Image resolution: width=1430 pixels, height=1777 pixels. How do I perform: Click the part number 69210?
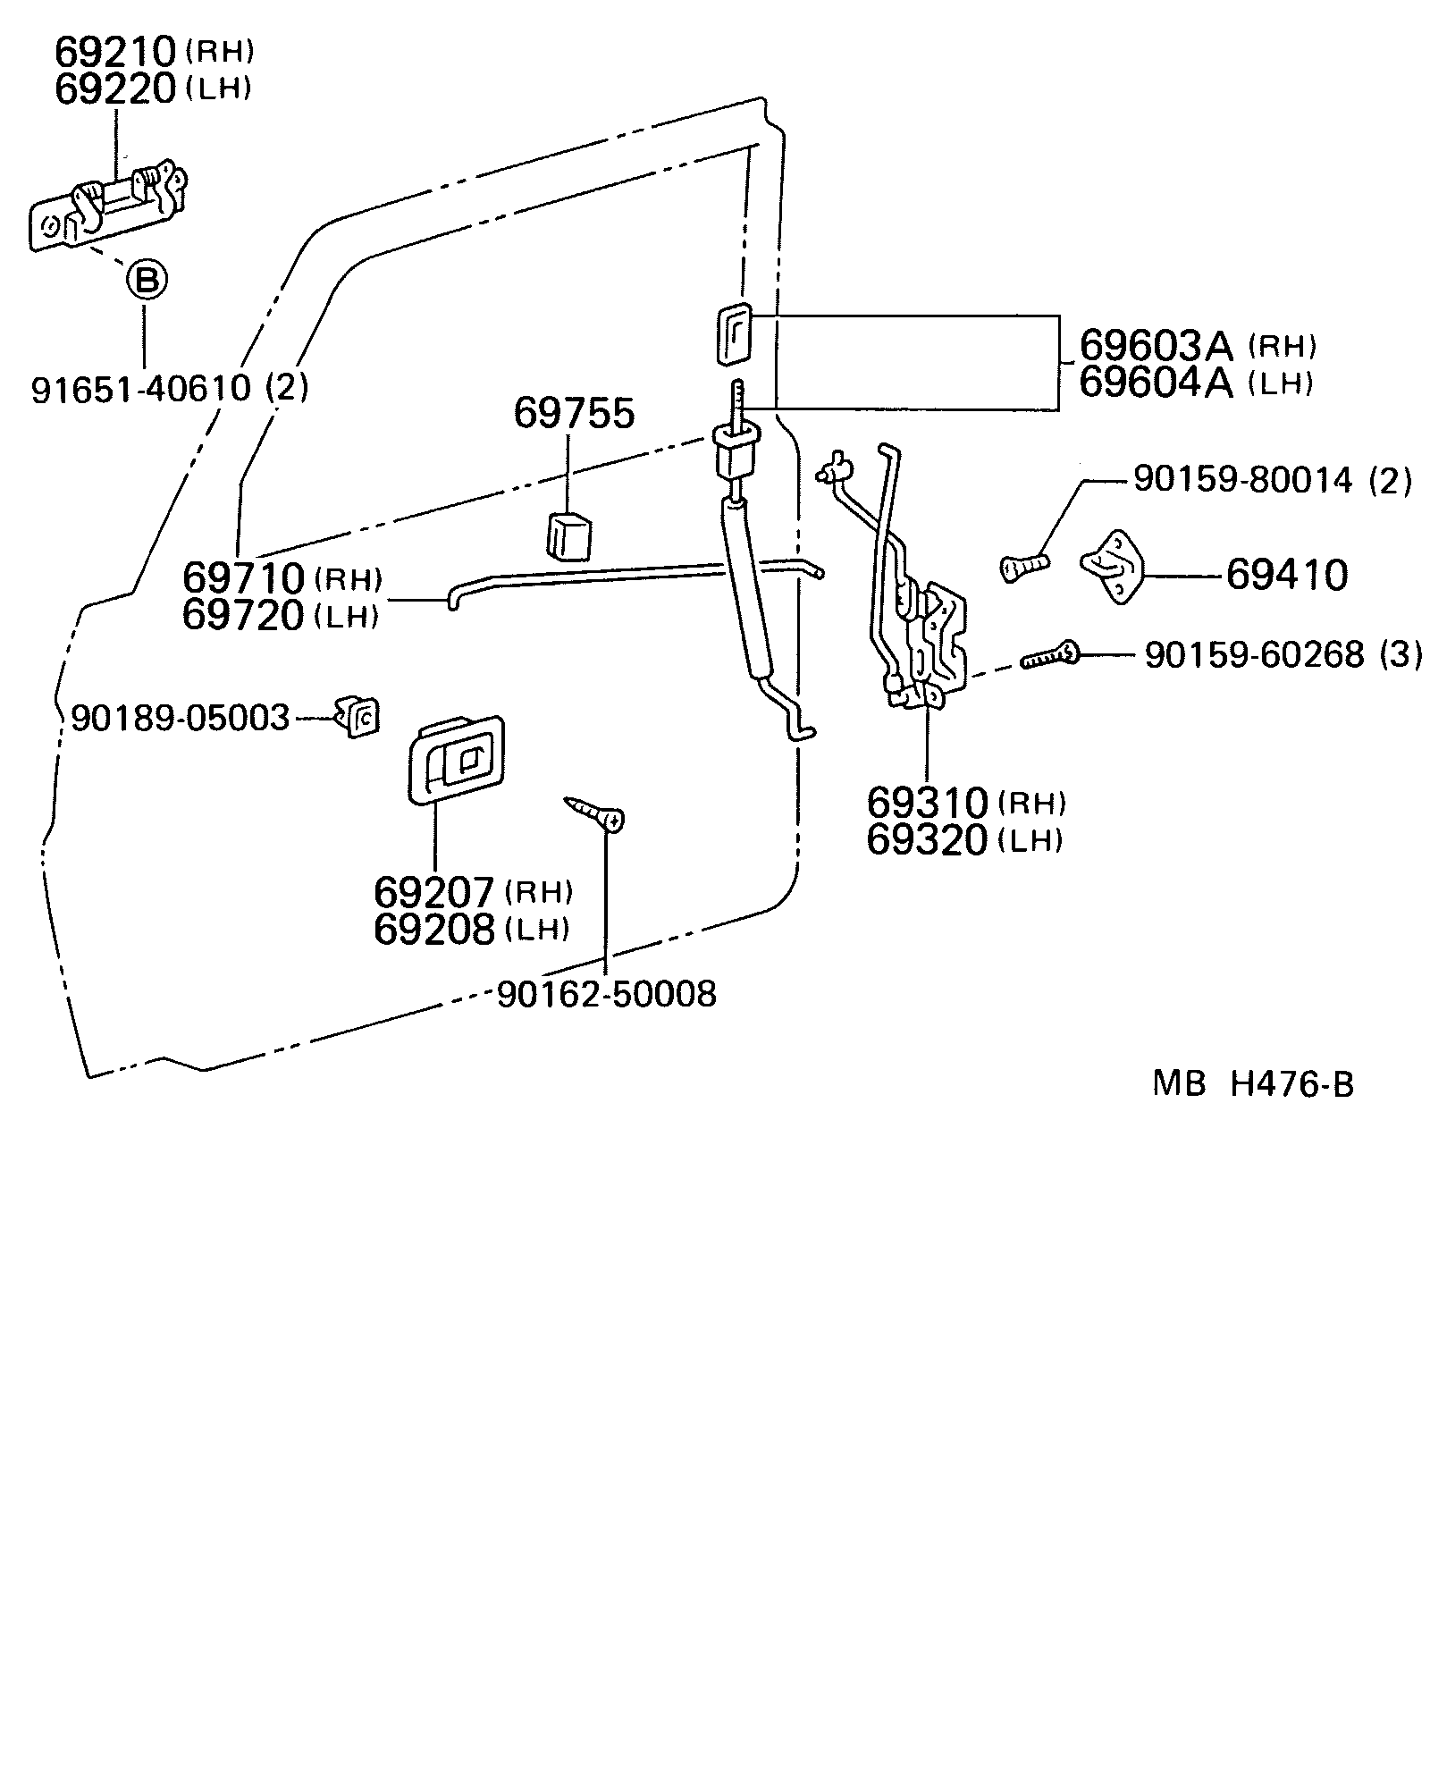(115, 54)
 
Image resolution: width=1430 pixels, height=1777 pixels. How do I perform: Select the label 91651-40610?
(140, 388)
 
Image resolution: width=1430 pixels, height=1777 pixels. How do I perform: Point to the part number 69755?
(573, 414)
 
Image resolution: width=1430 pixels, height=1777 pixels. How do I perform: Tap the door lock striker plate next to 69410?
(1114, 566)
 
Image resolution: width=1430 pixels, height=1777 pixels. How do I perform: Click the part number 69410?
(1286, 576)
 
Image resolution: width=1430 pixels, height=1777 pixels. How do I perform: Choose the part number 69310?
(927, 804)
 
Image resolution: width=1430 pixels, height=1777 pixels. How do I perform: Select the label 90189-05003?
(181, 719)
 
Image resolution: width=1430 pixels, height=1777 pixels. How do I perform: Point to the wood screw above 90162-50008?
(595, 812)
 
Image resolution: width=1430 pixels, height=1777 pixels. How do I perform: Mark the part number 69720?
(243, 616)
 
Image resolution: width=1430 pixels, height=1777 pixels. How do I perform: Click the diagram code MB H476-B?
(1252, 1085)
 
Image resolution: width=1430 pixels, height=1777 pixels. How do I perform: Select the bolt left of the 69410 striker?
(1023, 565)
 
